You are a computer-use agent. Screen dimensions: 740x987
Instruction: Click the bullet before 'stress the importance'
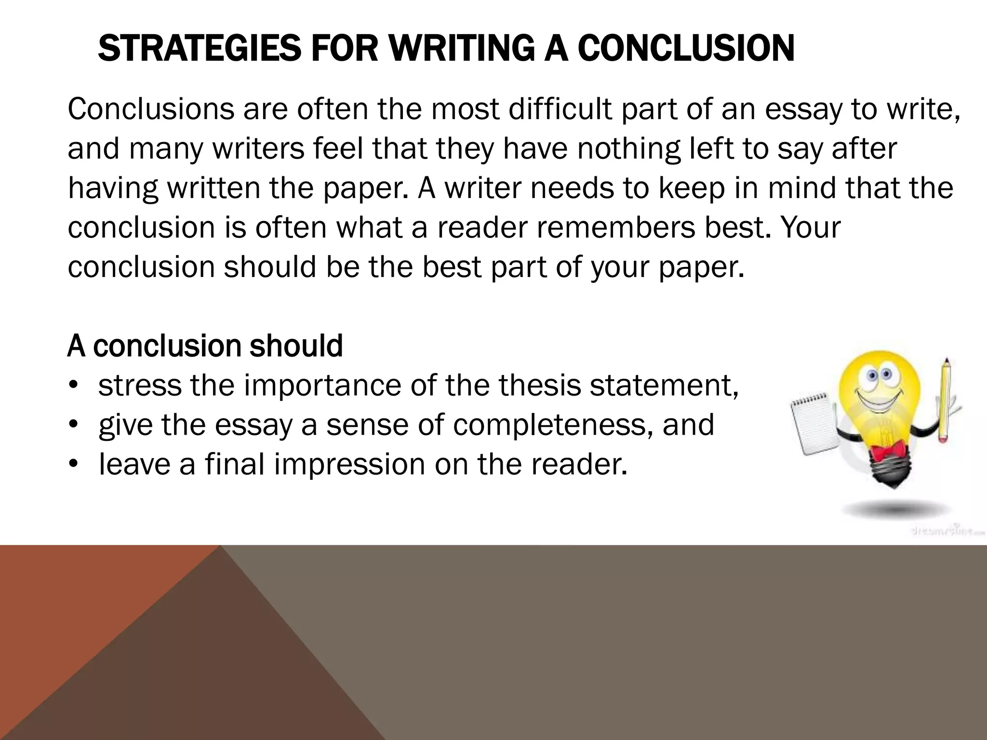pyautogui.click(x=73, y=386)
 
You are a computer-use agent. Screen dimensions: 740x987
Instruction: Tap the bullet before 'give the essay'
pyautogui.click(x=73, y=425)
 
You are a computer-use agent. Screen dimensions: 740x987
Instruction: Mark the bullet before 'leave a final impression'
pyautogui.click(x=73, y=464)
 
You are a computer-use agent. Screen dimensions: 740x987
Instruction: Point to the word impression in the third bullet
pyautogui.click(x=350, y=464)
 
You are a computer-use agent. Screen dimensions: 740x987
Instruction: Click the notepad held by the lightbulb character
pyautogui.click(x=813, y=424)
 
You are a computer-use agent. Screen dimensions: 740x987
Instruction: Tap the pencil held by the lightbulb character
pyautogui.click(x=943, y=400)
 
